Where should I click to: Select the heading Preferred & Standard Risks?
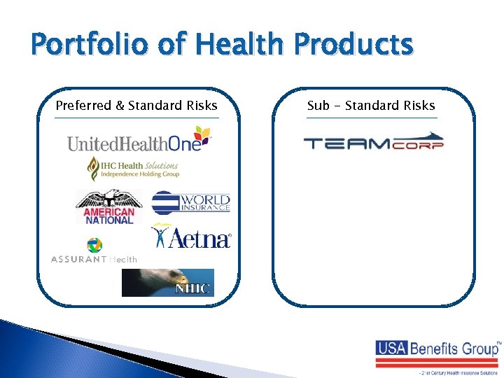click(x=136, y=106)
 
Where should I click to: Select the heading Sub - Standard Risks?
click(x=371, y=106)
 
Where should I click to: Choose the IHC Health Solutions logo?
click(x=133, y=168)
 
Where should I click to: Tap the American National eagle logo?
click(x=108, y=206)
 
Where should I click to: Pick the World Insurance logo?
click(x=191, y=202)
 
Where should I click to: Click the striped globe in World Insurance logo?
click(x=166, y=202)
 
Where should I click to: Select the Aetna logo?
click(x=191, y=237)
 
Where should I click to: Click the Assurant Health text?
click(x=94, y=259)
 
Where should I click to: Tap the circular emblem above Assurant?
click(x=94, y=245)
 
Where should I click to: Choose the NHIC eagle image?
click(x=168, y=283)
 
